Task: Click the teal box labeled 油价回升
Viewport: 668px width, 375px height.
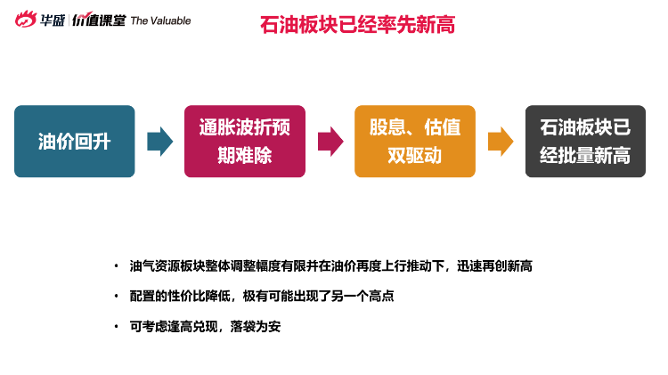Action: pyautogui.click(x=75, y=141)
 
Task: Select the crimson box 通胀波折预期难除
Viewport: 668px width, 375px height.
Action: pyautogui.click(x=245, y=141)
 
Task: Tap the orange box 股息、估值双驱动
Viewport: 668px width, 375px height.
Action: pyautogui.click(x=415, y=141)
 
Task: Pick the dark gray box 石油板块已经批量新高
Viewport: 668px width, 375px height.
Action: pyautogui.click(x=585, y=141)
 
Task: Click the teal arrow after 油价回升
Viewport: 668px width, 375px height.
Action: pyautogui.click(x=159, y=142)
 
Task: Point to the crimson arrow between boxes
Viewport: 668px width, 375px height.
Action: pyautogui.click(x=330, y=142)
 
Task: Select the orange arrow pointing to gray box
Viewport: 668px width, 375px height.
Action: pyautogui.click(x=501, y=142)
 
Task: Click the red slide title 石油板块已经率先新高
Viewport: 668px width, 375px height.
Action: pyautogui.click(x=357, y=24)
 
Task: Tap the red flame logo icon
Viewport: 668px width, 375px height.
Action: pyautogui.click(x=26, y=20)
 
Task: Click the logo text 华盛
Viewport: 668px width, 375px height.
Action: pyautogui.click(x=53, y=20)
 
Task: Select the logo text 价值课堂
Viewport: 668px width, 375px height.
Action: pyautogui.click(x=99, y=20)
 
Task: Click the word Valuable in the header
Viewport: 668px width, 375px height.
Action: pyautogui.click(x=171, y=20)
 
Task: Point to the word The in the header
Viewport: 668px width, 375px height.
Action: pyautogui.click(x=139, y=20)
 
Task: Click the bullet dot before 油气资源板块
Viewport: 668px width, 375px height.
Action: pyautogui.click(x=117, y=266)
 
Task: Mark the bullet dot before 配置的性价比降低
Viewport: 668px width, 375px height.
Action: pyautogui.click(x=117, y=296)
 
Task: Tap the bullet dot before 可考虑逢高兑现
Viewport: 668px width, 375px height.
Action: pyautogui.click(x=117, y=327)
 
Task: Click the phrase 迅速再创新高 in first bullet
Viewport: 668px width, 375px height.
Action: pyautogui.click(x=494, y=266)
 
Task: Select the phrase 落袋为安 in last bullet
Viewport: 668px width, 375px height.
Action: pyautogui.click(x=256, y=327)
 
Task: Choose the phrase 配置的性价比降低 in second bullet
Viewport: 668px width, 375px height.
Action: pyautogui.click(x=180, y=296)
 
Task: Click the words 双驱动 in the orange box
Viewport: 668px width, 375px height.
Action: pyautogui.click(x=414, y=156)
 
